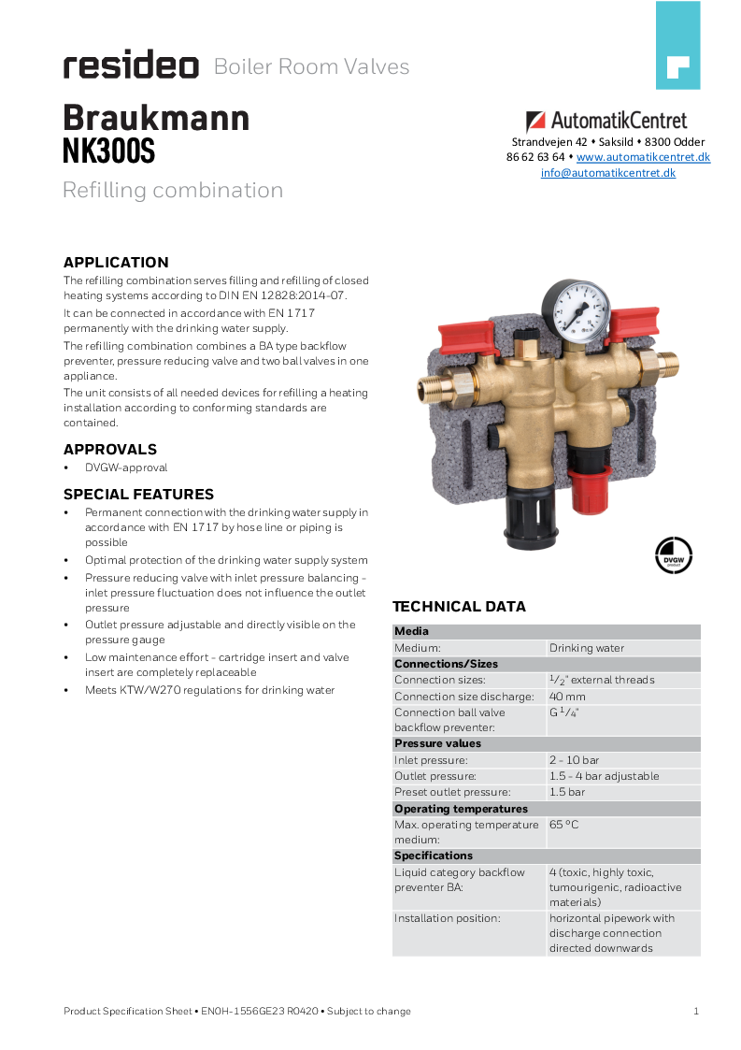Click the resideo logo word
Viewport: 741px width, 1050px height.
tap(131, 66)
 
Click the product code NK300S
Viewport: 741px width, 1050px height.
tap(108, 151)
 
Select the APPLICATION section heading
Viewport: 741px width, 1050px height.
tap(116, 263)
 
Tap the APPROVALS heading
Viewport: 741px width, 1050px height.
tap(110, 450)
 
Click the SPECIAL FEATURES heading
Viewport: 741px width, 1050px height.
tap(138, 495)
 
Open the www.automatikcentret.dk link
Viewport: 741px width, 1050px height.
tap(643, 157)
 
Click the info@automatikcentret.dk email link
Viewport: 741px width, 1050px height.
tap(607, 173)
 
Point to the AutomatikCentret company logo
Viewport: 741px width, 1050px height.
tap(606, 121)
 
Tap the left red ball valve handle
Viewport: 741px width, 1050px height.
tap(464, 334)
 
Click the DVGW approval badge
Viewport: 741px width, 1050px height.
tap(673, 553)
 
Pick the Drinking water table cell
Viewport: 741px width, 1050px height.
tap(587, 648)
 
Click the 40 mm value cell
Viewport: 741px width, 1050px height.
tap(568, 697)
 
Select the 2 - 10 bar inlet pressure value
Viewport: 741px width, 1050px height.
tap(575, 760)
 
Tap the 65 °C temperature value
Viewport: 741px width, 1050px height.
tap(564, 826)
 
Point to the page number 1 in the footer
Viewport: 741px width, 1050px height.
tap(696, 1011)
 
